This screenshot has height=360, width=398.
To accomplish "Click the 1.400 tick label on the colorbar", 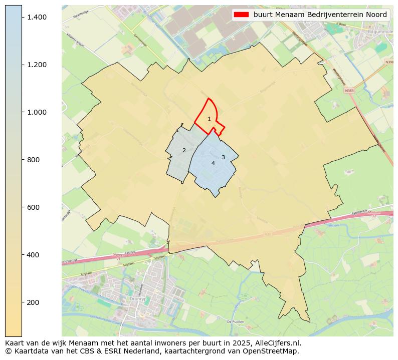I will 37,17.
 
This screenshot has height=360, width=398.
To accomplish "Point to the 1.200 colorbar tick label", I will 37,65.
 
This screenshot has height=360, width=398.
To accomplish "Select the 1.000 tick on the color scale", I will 37,112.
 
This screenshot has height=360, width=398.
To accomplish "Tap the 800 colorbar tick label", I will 33,160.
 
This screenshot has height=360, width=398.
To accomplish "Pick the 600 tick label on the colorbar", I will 33,207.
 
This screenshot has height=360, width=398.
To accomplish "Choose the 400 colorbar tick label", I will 33,255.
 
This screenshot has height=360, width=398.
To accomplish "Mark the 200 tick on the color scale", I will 33,302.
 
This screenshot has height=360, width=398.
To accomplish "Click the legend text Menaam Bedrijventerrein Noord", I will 320,15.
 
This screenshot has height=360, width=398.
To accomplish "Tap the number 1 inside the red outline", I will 209,119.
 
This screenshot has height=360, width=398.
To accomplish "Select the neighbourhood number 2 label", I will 184,150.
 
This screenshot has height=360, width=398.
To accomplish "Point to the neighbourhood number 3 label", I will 223,157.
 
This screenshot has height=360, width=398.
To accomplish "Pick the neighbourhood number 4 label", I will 213,163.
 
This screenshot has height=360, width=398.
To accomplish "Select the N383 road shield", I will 349,91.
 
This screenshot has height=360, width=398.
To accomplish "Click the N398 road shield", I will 389,62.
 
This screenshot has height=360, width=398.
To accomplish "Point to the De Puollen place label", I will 235,321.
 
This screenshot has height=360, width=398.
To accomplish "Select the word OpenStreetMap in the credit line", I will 273,351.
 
